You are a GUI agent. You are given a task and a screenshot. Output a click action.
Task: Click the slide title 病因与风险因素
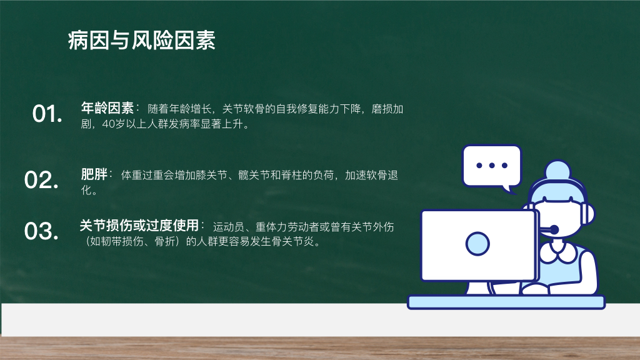(142, 40)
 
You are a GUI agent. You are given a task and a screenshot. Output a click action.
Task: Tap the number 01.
(47, 114)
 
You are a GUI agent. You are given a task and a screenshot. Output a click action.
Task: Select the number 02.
(41, 180)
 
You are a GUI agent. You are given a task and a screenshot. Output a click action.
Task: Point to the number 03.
(41, 231)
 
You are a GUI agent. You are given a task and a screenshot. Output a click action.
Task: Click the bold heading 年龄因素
(107, 107)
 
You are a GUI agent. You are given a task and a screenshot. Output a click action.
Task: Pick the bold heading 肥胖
(94, 174)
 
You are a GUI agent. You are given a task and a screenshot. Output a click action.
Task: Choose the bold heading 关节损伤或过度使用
(139, 225)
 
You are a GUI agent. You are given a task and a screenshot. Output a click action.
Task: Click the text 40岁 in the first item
(113, 124)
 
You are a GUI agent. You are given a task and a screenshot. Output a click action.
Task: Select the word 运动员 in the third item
(229, 226)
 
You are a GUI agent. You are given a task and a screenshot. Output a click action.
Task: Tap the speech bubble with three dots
(492, 166)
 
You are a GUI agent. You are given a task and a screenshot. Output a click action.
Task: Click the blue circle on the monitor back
(477, 244)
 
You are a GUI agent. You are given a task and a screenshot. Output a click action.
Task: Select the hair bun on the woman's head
(557, 169)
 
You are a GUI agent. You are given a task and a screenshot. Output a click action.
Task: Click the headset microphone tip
(554, 230)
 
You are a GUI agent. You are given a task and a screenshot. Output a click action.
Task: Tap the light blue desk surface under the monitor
(506, 302)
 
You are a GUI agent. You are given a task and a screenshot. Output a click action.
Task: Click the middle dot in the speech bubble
(492, 165)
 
